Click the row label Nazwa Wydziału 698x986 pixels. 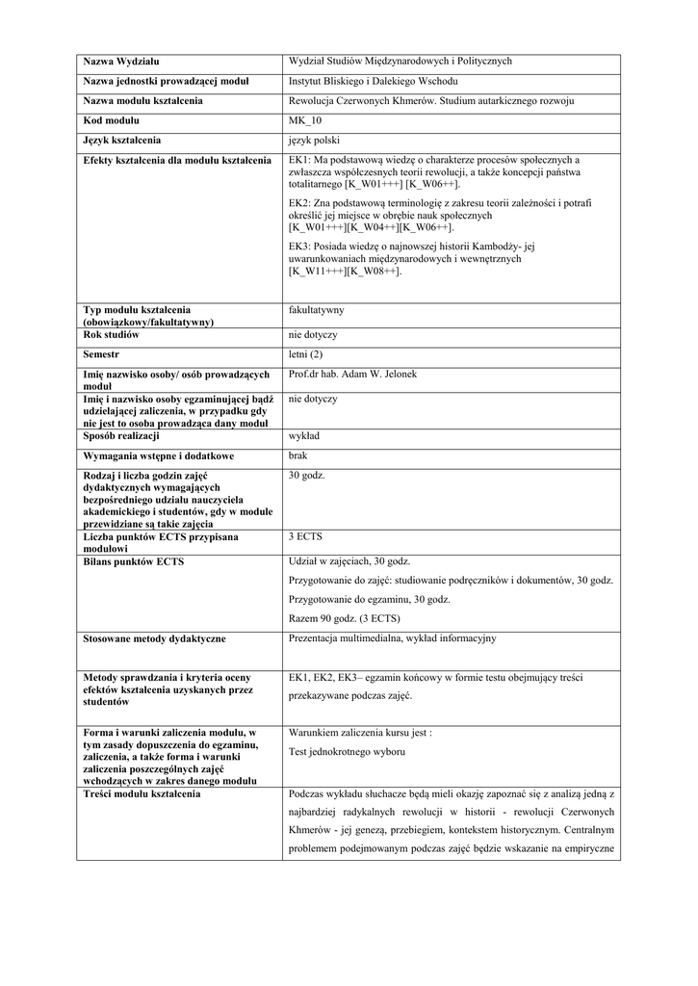(120, 62)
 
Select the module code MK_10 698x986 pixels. (305, 120)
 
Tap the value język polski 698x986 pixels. (314, 140)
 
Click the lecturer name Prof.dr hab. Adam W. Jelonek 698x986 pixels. (353, 374)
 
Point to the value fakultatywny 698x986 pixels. (316, 310)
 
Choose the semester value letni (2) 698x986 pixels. (306, 354)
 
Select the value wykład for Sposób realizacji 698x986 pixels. (305, 436)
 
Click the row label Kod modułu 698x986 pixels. (112, 120)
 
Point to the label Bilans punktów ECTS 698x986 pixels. (133, 560)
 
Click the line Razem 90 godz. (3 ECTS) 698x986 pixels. (345, 618)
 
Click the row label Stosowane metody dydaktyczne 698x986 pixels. (155, 638)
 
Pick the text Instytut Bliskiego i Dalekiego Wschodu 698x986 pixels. (374, 81)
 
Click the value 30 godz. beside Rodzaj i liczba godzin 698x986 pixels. (307, 475)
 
